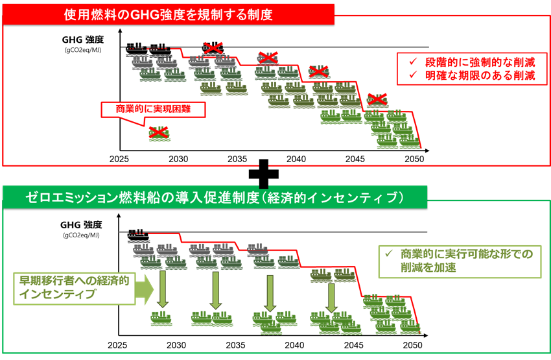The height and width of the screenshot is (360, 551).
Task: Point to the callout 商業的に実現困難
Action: click(154, 110)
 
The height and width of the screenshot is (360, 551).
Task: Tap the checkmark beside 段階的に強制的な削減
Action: click(413, 61)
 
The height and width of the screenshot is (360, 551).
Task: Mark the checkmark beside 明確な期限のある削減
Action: click(413, 76)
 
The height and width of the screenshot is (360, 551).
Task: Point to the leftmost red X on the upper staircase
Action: click(213, 47)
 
